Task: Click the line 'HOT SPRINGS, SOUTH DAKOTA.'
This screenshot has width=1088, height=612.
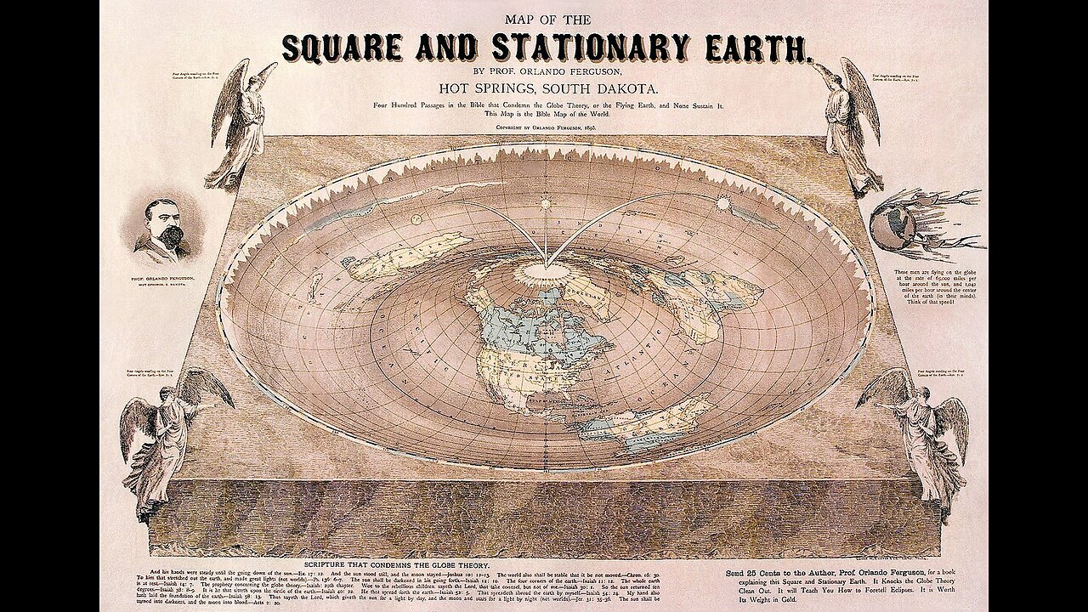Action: pyautogui.click(x=545, y=87)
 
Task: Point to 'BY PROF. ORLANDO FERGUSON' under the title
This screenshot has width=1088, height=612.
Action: pyautogui.click(x=544, y=71)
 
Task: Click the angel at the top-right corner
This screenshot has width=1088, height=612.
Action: pyautogui.click(x=846, y=119)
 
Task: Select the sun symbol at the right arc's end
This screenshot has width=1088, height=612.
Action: pyautogui.click(x=724, y=204)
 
